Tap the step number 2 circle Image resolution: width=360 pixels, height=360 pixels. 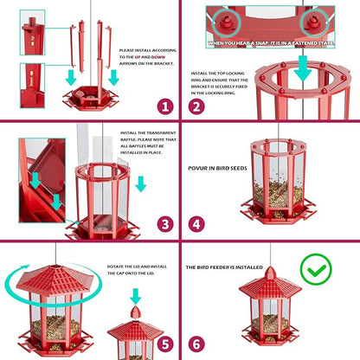point(197,106)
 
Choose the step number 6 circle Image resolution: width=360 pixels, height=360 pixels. point(197,344)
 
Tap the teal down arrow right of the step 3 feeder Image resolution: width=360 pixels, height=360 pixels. point(140,183)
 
